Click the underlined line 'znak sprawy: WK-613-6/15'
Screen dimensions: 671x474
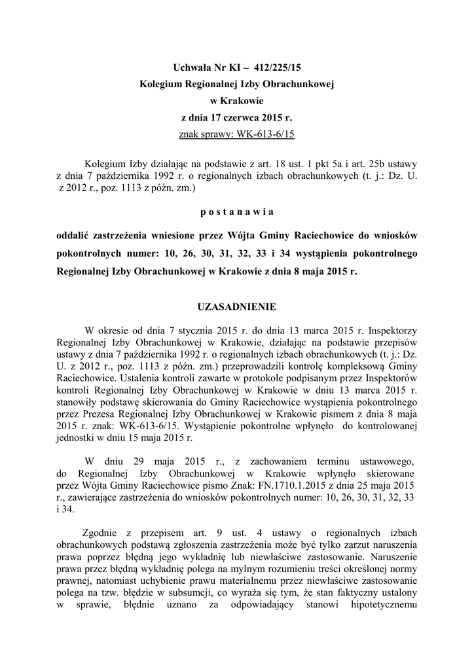236,135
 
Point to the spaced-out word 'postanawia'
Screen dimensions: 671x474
236,212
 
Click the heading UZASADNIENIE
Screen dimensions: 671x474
236,307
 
